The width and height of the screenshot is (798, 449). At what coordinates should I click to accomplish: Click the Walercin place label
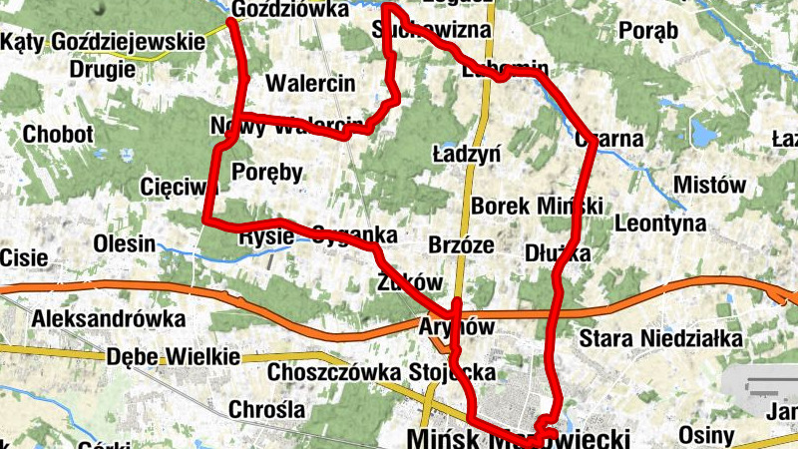tap(310, 83)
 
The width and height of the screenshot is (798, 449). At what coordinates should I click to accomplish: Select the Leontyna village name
tap(661, 224)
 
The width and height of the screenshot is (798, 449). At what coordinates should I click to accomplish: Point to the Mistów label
tap(709, 185)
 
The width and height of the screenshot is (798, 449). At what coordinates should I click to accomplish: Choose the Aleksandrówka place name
tap(109, 319)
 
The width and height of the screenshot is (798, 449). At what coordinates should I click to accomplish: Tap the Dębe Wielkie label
tap(173, 356)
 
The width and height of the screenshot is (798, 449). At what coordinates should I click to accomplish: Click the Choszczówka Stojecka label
tap(382, 373)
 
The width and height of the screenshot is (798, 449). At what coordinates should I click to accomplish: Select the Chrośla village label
tap(266, 409)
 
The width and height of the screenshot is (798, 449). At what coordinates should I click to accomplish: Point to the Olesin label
tap(124, 243)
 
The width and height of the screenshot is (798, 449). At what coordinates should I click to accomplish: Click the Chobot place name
tap(58, 135)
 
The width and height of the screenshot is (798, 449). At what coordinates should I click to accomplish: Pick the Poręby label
tap(266, 173)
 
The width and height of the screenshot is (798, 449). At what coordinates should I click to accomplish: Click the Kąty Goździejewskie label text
tap(103, 42)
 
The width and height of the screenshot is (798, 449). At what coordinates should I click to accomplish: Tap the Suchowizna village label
tap(431, 30)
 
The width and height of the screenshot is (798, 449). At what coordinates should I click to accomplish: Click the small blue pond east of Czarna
tap(706, 132)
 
